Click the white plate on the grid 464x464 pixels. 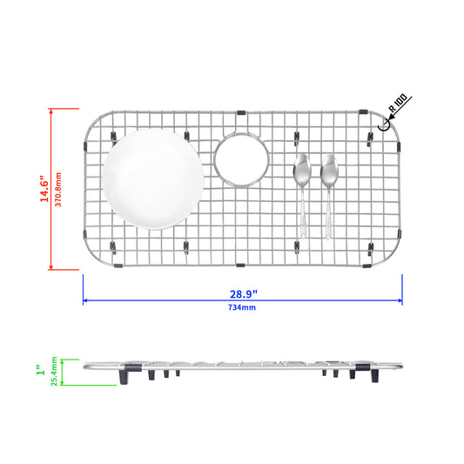(153, 179)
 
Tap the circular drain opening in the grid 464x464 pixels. (242, 160)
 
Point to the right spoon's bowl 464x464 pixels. (329, 171)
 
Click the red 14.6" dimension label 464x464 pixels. (44, 189)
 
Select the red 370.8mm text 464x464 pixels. (58, 190)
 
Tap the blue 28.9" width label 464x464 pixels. (244, 294)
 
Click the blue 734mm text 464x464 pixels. (242, 307)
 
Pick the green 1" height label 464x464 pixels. (41, 370)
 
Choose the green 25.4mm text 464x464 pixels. (54, 372)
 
